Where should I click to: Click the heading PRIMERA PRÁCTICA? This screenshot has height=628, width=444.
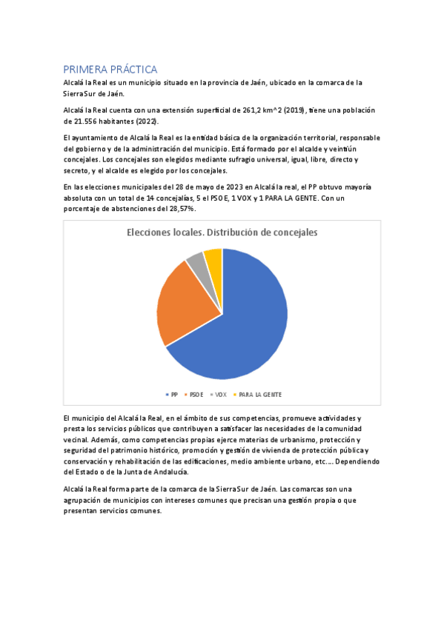point(110,69)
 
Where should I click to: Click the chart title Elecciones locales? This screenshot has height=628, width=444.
point(222,232)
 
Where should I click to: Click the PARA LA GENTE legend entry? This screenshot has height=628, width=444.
point(257,395)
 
